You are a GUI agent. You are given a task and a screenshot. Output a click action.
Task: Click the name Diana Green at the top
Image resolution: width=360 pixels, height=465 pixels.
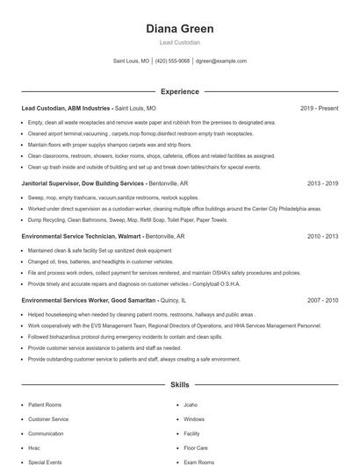(x=179, y=28)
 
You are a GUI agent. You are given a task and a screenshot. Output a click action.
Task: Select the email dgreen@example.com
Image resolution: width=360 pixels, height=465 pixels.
(x=221, y=61)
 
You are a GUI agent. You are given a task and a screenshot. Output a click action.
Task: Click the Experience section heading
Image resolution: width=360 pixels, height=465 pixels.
(x=179, y=90)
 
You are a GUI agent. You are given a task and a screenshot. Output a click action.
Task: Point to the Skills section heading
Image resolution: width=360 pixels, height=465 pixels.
(x=179, y=384)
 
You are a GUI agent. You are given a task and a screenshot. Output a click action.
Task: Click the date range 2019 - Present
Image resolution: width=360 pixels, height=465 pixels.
(x=319, y=108)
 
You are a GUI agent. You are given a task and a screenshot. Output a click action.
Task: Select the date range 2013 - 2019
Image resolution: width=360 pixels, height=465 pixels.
(x=322, y=183)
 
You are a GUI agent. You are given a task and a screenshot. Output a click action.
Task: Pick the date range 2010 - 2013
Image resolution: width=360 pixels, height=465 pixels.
(x=322, y=236)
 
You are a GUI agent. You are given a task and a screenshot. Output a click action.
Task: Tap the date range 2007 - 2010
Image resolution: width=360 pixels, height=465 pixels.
(x=322, y=299)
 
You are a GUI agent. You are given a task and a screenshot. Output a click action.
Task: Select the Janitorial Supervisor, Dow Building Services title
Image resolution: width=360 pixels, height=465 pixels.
(x=83, y=183)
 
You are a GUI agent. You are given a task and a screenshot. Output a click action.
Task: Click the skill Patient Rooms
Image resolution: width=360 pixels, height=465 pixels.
(x=46, y=405)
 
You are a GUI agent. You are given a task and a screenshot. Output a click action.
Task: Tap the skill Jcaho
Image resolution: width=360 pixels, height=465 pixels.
(x=191, y=405)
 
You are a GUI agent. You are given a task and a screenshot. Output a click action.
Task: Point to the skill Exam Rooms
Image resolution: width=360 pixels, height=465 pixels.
(x=198, y=461)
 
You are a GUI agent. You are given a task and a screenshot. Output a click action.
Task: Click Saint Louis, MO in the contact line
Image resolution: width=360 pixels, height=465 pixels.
(x=132, y=61)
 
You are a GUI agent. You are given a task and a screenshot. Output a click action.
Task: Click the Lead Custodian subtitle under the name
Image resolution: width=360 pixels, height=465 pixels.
(x=179, y=42)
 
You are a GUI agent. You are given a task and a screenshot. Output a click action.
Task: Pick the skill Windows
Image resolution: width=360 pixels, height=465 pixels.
(x=194, y=419)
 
